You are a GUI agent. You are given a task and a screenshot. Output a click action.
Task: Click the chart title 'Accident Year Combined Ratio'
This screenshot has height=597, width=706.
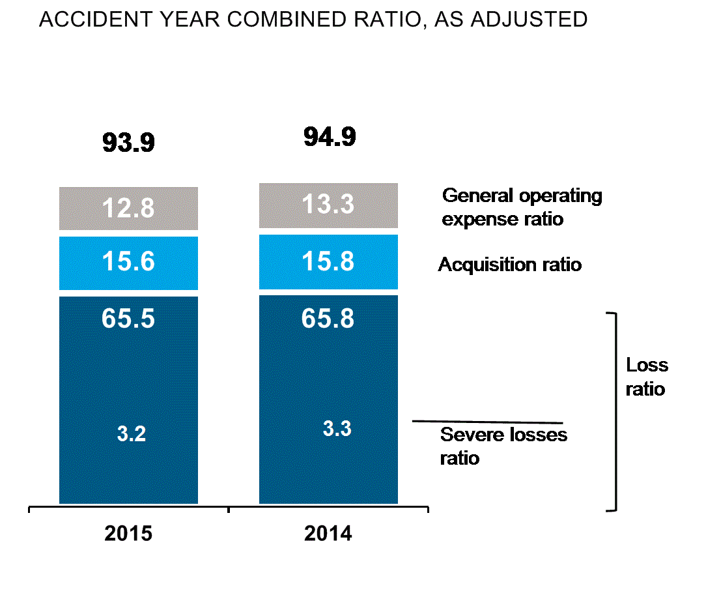pos(313,20)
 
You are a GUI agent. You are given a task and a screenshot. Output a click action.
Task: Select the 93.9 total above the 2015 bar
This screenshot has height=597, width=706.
pos(128,141)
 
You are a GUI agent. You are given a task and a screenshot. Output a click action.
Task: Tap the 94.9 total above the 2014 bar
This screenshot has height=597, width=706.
pos(329,138)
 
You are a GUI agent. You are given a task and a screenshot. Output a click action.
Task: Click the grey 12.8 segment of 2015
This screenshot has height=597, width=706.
pos(128,209)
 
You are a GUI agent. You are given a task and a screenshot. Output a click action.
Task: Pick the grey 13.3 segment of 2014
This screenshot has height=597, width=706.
pos(328,205)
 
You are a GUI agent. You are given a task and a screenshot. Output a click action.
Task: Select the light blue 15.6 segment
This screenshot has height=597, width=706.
pos(128,262)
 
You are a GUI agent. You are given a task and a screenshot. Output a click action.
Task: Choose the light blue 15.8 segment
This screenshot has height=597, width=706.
pos(328,261)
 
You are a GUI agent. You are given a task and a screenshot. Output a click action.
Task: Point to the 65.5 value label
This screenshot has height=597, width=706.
pos(128,319)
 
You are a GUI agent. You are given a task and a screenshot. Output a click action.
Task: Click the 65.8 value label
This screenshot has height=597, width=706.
pos(328,319)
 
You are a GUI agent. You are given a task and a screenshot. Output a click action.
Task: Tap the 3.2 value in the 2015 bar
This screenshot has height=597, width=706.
pos(131,434)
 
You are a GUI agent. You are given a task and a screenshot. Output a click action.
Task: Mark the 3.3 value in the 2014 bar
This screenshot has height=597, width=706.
pos(337,429)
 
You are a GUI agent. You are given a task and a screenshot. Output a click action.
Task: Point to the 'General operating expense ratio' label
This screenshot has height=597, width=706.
pos(522,207)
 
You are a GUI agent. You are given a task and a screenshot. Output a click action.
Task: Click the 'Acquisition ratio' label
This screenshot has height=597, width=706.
pos(509,265)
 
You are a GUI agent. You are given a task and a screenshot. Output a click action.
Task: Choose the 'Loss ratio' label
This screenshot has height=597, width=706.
pos(646,377)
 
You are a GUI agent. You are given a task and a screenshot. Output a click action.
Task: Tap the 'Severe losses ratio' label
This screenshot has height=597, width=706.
pos(503,446)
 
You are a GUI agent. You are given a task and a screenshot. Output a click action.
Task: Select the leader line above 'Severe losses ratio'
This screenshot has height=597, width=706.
pos(487,422)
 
